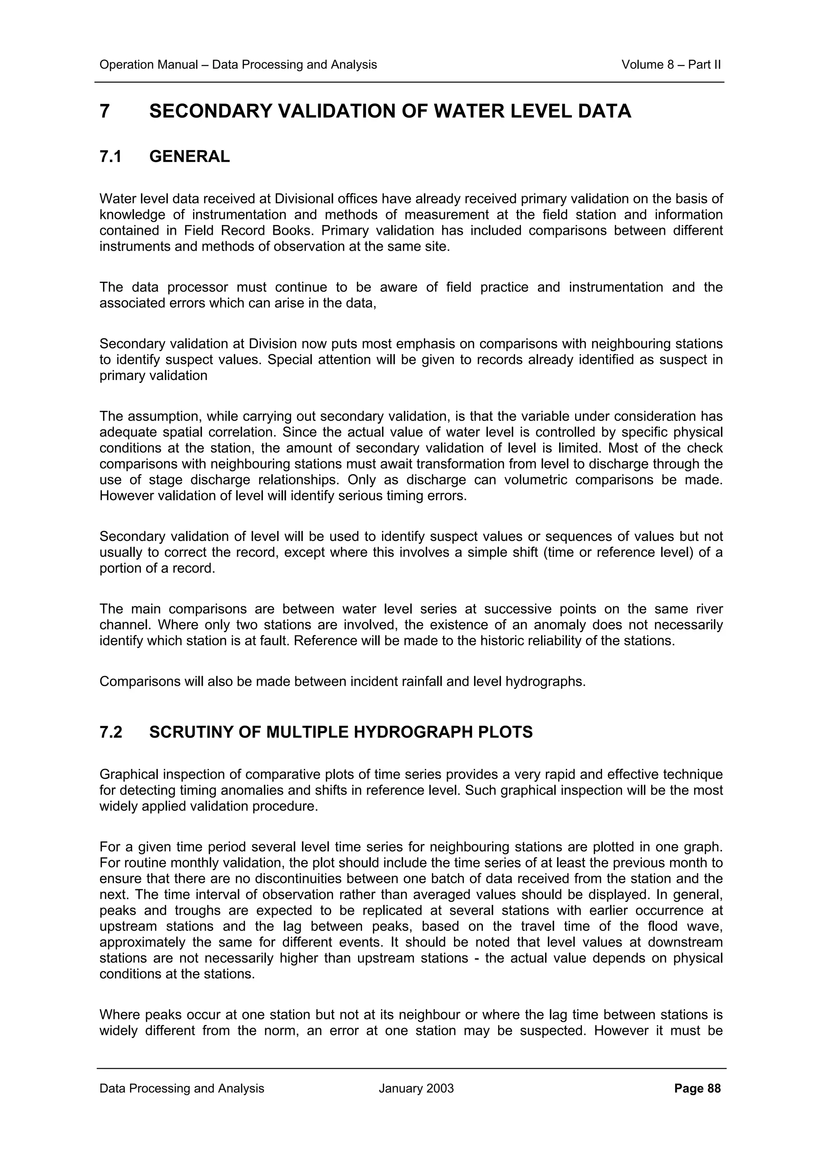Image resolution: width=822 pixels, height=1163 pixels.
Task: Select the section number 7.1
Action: [x=110, y=157]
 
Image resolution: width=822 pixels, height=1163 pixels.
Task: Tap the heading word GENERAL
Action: [x=189, y=157]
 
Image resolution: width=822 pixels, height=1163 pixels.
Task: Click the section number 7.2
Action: [x=111, y=732]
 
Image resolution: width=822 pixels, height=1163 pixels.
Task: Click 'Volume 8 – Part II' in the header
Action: [x=671, y=65]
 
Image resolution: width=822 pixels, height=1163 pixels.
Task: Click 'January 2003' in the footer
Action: [x=416, y=1088]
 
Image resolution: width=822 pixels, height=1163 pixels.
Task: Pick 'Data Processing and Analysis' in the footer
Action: [x=182, y=1088]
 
